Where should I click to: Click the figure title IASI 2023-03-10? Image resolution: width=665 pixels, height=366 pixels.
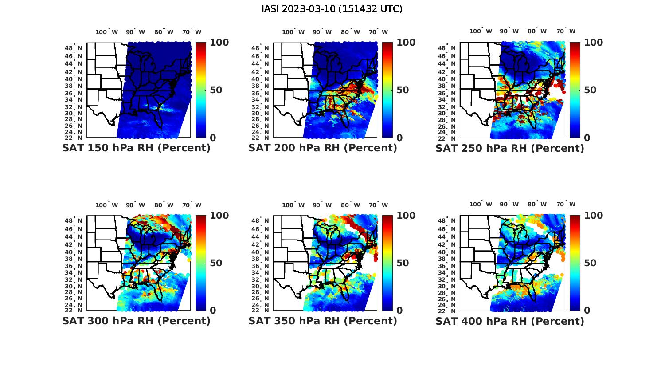[332, 9]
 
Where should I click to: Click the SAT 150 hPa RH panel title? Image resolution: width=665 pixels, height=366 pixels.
[136, 148]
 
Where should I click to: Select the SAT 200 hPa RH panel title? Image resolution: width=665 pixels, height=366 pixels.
[323, 148]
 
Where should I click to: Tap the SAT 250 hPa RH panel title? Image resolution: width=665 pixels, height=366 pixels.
[510, 148]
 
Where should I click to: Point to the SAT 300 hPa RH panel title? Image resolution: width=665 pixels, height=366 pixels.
[136, 321]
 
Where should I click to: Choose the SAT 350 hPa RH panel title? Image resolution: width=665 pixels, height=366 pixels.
[323, 321]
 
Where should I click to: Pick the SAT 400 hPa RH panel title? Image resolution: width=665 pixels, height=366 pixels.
[510, 321]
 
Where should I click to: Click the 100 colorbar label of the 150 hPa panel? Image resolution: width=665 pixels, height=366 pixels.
[219, 43]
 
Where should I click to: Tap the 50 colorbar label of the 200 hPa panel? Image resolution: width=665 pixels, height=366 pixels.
[403, 90]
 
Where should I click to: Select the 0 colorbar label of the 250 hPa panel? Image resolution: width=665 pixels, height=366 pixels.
[587, 138]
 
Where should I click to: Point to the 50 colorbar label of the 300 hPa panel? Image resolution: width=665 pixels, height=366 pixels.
[216, 263]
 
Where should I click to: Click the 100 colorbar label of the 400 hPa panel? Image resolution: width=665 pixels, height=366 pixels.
[593, 216]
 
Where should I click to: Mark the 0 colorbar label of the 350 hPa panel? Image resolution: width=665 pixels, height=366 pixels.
[400, 311]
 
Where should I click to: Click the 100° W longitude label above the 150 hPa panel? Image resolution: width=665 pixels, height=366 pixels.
[107, 32]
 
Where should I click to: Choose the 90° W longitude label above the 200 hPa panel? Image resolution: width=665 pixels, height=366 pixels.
[322, 32]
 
